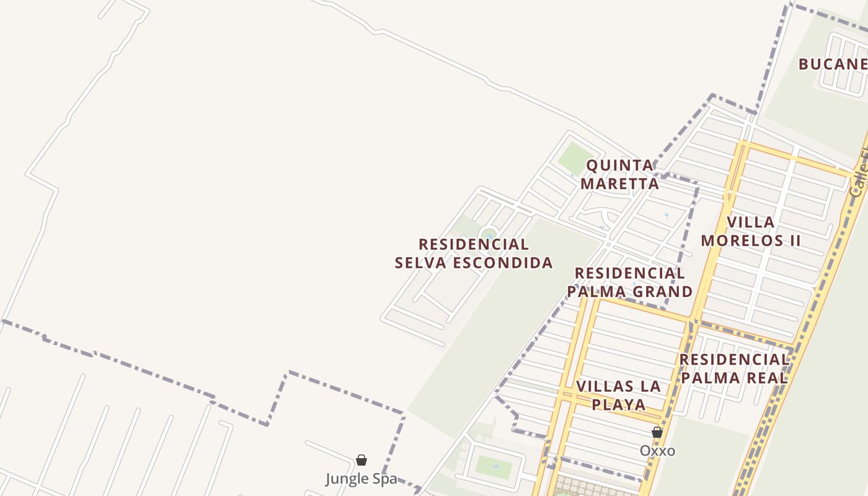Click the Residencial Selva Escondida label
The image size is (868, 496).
474,253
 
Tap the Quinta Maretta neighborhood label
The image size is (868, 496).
620,174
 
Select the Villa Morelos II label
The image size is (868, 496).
751,231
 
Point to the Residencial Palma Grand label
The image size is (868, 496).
630,282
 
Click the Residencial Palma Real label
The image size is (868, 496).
733,368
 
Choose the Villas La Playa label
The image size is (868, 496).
618,395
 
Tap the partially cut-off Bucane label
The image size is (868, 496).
833,64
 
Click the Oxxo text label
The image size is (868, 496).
657,451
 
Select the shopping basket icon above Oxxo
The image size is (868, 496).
657,432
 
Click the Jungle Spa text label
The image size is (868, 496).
361,479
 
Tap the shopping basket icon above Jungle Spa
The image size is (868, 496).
361,460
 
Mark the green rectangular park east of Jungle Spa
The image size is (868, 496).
494,467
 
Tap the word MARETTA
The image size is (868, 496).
620,184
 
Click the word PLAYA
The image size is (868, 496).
618,404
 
